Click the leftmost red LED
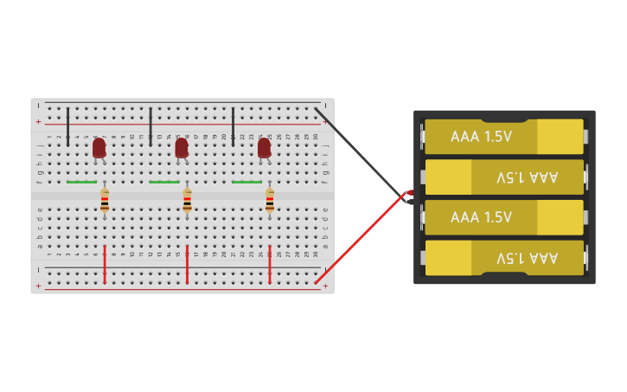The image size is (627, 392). (x=99, y=148)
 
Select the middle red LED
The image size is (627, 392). (x=182, y=148)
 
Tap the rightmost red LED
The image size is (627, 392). (x=264, y=148)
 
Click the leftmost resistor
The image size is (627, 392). (x=105, y=202)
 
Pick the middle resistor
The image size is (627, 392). (x=187, y=202)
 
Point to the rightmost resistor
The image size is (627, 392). (x=270, y=202)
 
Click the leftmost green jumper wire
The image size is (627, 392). (x=81, y=182)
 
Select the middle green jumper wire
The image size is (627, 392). (x=163, y=182)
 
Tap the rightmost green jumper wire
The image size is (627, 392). (x=246, y=182)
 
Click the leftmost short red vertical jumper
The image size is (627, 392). (x=105, y=264)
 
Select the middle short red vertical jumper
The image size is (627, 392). (x=187, y=264)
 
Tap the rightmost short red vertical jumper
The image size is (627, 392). (x=270, y=264)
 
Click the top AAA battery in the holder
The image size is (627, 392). (x=503, y=137)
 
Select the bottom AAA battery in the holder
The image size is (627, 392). (x=503, y=258)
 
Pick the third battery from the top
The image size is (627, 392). (x=503, y=217)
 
